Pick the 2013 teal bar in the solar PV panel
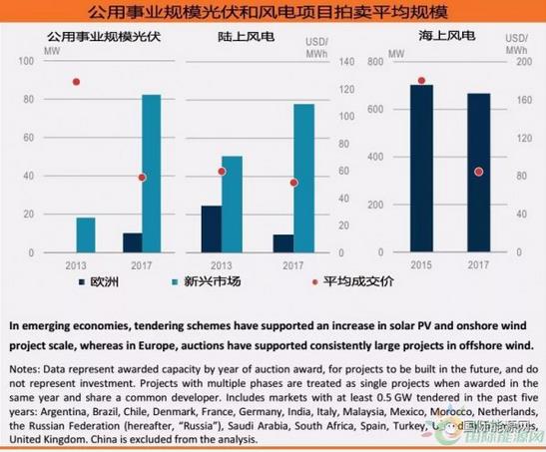[86, 234]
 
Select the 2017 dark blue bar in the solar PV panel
[131, 242]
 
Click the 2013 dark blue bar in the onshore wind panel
[211, 228]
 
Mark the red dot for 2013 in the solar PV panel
[76, 82]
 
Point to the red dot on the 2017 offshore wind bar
[479, 172]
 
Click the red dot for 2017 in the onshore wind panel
[293, 183]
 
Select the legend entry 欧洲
[104, 282]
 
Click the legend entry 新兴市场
[211, 282]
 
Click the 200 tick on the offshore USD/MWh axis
[518, 62]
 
